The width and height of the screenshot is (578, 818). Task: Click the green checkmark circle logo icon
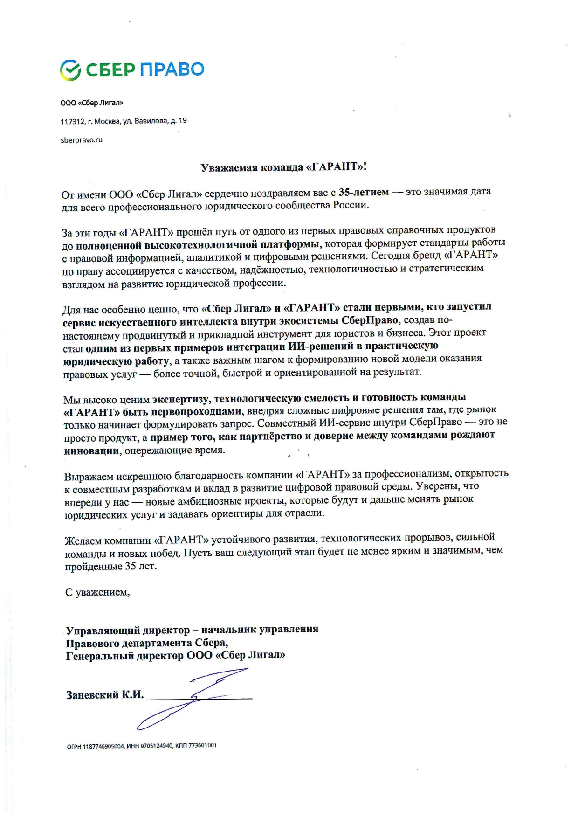click(71, 70)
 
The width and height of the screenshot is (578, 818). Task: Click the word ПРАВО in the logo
click(172, 69)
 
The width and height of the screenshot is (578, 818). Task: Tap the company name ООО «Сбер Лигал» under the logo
click(92, 103)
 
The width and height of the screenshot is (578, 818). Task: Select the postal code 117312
click(72, 122)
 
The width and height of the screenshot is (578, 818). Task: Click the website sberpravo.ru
click(82, 140)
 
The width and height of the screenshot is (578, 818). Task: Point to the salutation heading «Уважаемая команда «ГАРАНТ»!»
click(283, 167)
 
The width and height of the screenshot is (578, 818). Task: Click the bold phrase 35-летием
click(364, 192)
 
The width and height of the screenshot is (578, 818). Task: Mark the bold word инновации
click(91, 451)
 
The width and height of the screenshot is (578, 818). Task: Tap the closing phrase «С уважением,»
click(97, 592)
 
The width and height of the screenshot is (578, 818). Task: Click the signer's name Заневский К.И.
click(105, 695)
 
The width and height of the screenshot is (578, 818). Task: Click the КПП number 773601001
click(202, 745)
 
